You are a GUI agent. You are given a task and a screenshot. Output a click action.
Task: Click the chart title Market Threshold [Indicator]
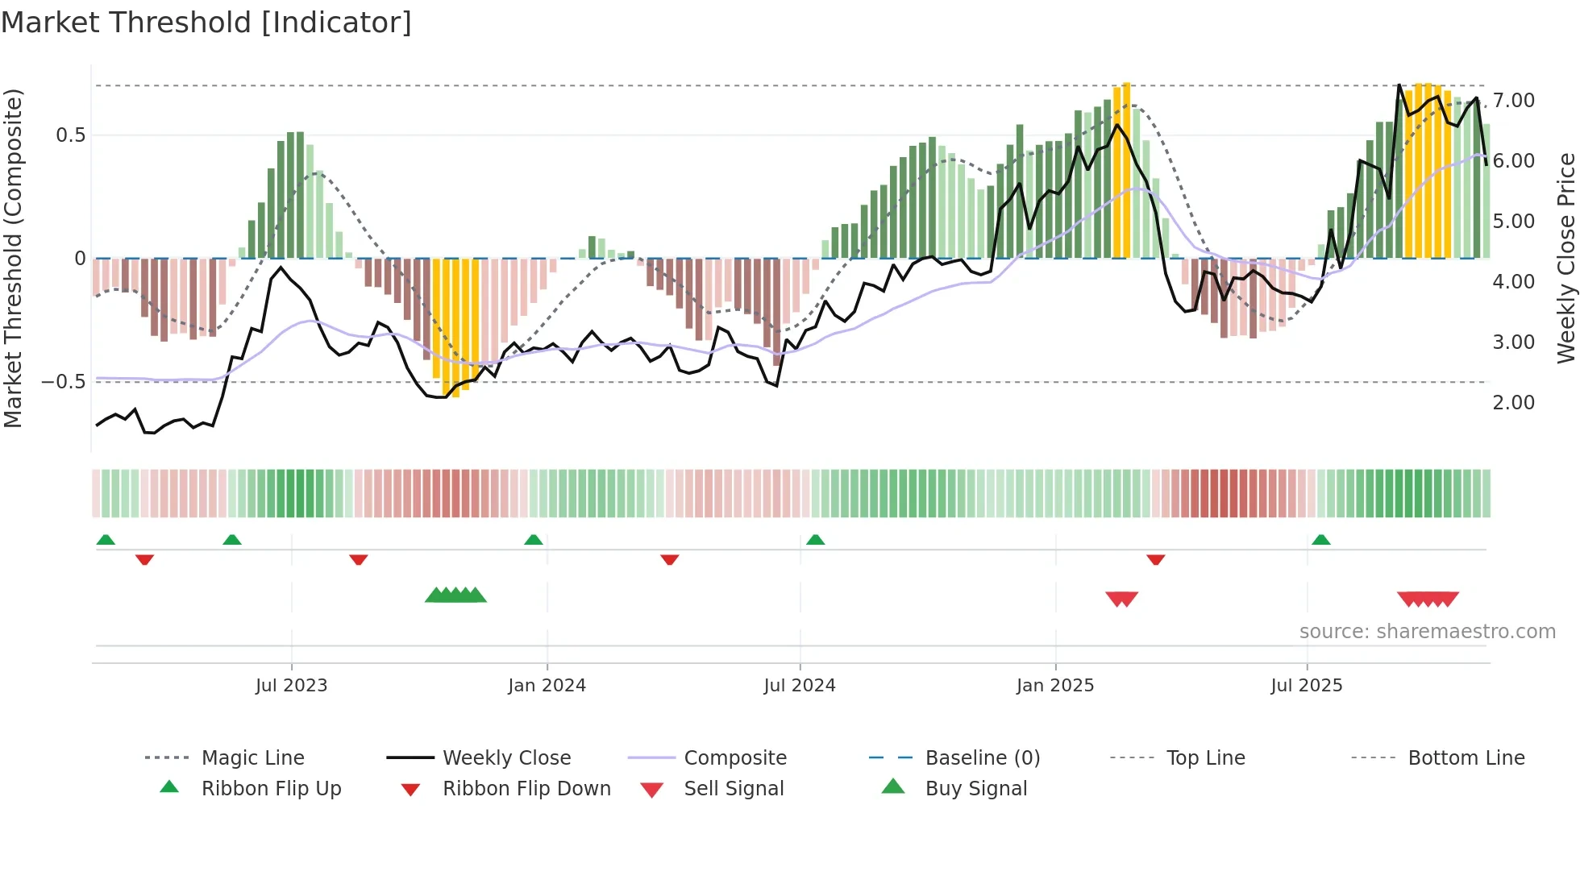point(206,23)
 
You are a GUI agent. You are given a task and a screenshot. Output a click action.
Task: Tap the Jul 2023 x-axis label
point(291,686)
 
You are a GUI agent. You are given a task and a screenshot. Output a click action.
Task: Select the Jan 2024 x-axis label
point(547,686)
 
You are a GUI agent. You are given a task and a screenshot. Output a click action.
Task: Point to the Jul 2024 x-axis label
point(799,686)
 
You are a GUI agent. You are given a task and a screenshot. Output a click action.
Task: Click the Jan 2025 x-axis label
point(1054,686)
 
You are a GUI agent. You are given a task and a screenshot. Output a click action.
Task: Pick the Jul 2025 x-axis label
point(1306,686)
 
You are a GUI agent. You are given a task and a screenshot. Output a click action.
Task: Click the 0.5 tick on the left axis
point(70,135)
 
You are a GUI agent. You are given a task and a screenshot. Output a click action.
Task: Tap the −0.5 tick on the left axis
point(64,382)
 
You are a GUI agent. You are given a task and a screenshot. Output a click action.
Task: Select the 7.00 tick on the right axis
point(1513,101)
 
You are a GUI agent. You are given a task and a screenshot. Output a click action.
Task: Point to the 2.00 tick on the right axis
point(1513,403)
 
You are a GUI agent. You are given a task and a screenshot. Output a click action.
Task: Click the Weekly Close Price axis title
point(1565,258)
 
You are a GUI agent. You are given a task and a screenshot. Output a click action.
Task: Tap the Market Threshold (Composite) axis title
point(13,258)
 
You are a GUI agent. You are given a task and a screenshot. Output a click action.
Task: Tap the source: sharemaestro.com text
point(1427,632)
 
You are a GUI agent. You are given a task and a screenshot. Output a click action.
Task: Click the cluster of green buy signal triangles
point(455,595)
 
